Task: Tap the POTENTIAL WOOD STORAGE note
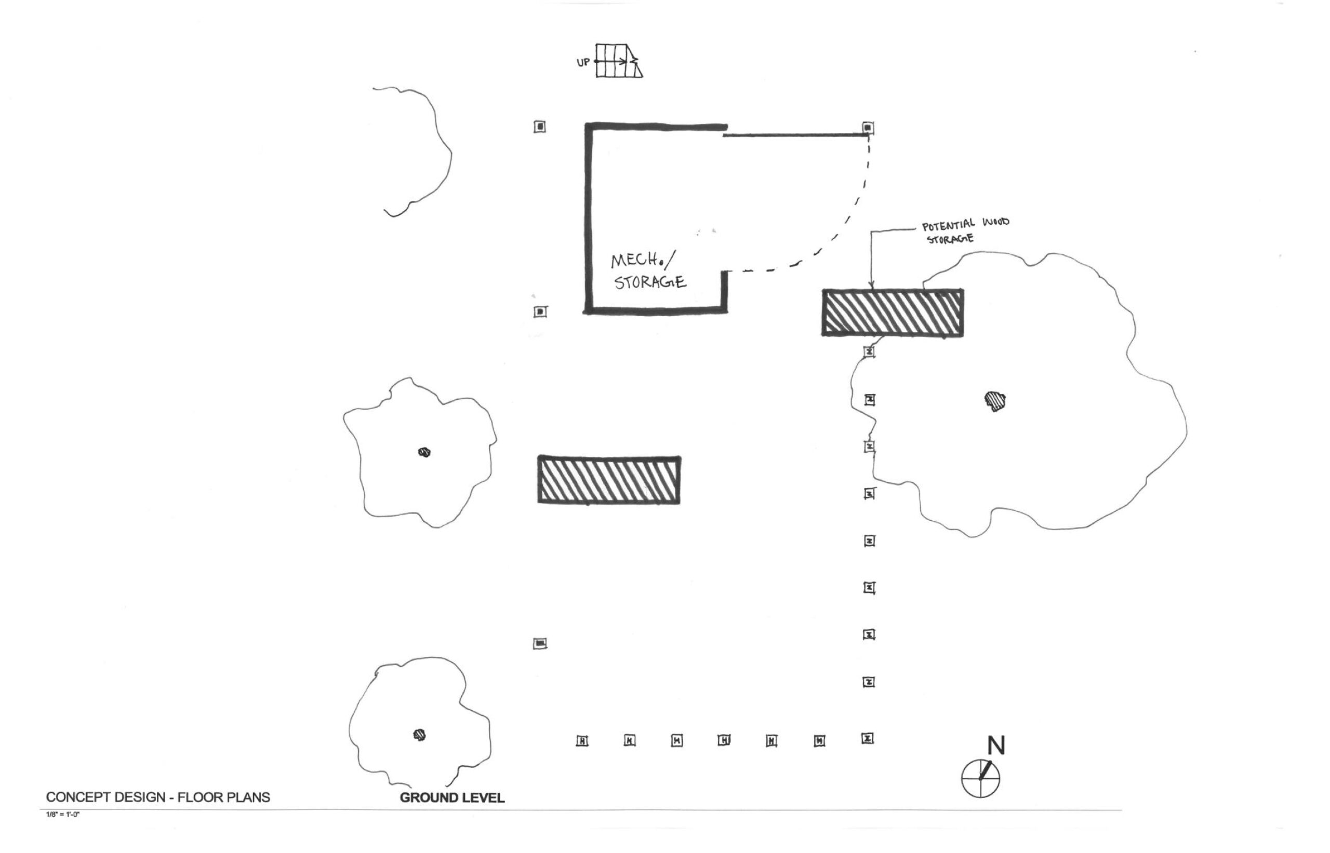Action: [965, 231]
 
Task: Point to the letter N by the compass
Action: [996, 746]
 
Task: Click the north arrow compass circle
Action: [980, 778]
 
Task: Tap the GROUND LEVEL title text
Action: [452, 797]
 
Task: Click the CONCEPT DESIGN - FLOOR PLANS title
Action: [158, 797]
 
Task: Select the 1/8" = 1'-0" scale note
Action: [63, 814]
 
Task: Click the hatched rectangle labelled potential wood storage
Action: [892, 313]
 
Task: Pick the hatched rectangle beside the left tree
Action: [609, 480]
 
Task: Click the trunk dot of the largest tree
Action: [995, 400]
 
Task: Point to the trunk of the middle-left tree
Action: [424, 453]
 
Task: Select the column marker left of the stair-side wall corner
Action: [539, 127]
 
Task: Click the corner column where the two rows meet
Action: [868, 738]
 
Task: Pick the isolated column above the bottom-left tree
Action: [540, 643]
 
